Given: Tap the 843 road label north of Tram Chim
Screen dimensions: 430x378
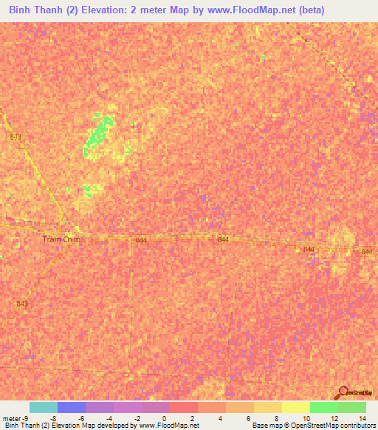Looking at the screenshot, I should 16,137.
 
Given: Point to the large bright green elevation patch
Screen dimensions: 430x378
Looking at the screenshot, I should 98,134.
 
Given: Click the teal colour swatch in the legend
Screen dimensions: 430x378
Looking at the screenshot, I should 44,407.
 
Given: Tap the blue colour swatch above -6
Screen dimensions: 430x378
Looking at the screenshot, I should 72,407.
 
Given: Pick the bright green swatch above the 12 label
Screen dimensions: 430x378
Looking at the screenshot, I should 323,407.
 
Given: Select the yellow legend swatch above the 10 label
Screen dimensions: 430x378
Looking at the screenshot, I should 295,407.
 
